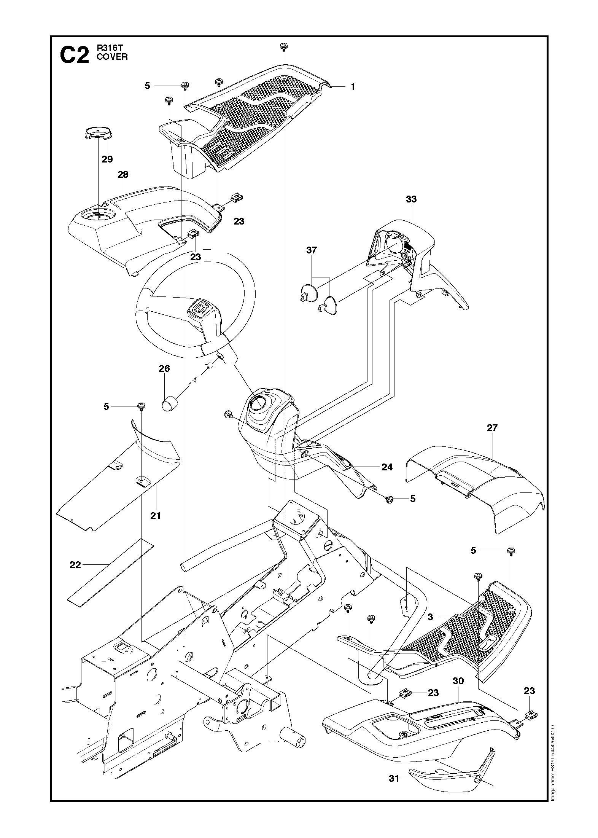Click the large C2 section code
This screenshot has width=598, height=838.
pyautogui.click(x=75, y=55)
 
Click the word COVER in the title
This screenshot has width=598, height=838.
pyautogui.click(x=112, y=57)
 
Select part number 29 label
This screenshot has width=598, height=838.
pyautogui.click(x=107, y=159)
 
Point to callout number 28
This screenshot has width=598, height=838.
pyautogui.click(x=123, y=175)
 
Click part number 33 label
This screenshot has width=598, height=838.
pyautogui.click(x=411, y=199)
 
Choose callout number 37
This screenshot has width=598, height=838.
pyautogui.click(x=312, y=250)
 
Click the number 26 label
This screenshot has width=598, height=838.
pyautogui.click(x=164, y=368)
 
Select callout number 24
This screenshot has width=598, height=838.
pyautogui.click(x=387, y=467)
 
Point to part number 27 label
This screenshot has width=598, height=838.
pyautogui.click(x=492, y=428)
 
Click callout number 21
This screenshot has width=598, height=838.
pyautogui.click(x=156, y=516)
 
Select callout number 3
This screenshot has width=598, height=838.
pyautogui.click(x=430, y=617)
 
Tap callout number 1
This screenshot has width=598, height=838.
pyautogui.click(x=353, y=87)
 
